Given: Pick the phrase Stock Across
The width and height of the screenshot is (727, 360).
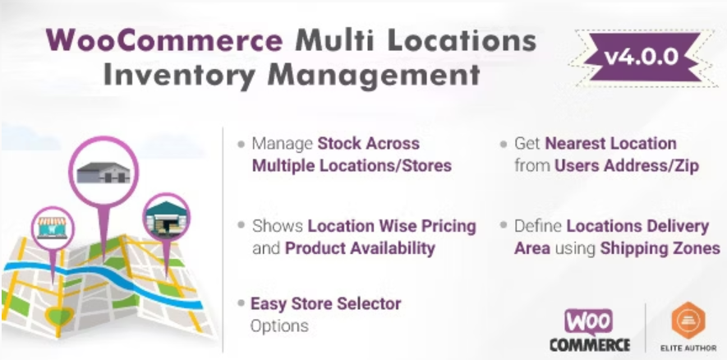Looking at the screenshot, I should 369,144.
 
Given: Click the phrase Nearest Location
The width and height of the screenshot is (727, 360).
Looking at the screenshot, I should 610,144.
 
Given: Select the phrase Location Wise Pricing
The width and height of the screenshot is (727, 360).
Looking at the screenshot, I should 392,226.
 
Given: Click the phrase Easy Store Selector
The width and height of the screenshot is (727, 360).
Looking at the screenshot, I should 326,303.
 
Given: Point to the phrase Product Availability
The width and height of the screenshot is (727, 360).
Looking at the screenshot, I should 360,247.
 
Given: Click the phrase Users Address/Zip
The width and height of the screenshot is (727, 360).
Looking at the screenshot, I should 626,165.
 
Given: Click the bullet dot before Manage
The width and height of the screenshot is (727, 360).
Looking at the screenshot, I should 241,144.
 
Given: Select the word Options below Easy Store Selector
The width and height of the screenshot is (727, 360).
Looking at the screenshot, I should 279,325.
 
